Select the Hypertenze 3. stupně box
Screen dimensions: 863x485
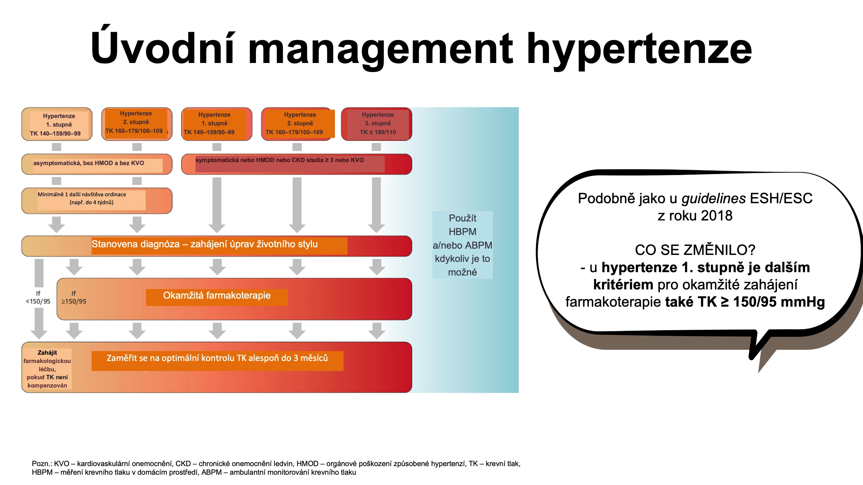[x=376, y=124]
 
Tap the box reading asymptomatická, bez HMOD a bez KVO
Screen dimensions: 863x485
[x=97, y=164]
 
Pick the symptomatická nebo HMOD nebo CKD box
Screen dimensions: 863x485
[x=296, y=164]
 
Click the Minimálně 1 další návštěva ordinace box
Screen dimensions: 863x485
[x=97, y=201]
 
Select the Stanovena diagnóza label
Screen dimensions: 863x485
[x=204, y=244]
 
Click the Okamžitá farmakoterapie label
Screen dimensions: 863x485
[x=217, y=296]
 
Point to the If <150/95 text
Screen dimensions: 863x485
[x=38, y=297]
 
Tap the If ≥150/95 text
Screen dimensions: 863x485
[x=74, y=297]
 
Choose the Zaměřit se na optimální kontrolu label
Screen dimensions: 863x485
[x=217, y=358]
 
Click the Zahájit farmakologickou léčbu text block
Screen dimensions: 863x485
[x=47, y=369]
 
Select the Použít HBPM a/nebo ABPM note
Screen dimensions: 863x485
[x=462, y=245]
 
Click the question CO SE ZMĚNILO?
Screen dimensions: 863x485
[x=695, y=250]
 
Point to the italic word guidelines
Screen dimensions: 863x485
[x=714, y=199]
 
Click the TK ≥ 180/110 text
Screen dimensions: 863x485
[x=378, y=132]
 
